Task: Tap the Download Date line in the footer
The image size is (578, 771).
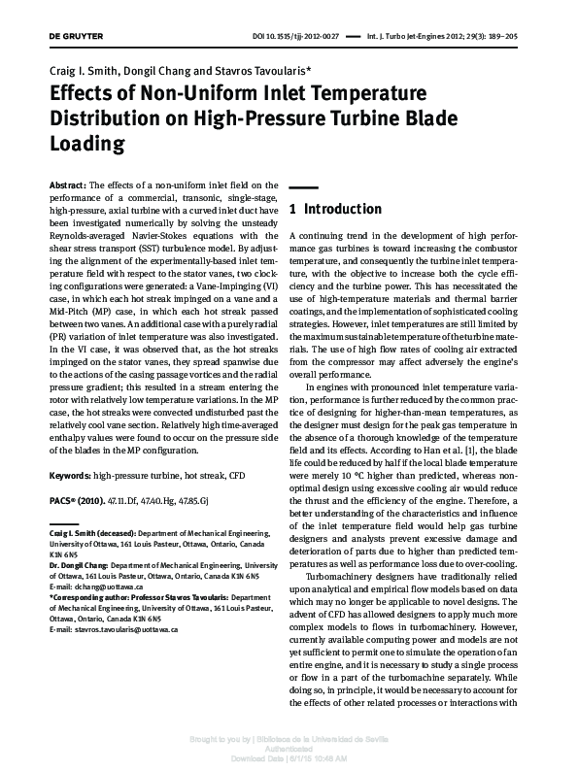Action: pos(289,758)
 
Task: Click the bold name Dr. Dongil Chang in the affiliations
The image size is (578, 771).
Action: pos(78,564)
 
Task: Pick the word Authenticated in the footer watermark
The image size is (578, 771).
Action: pos(289,749)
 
